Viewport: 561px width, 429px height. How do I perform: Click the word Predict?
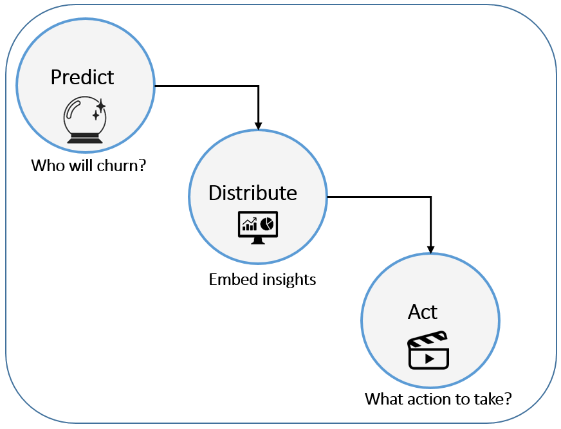tap(82, 77)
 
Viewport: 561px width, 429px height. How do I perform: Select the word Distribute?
tap(253, 193)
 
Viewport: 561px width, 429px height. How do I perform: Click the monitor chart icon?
tap(257, 227)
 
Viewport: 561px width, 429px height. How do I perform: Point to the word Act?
tap(423, 312)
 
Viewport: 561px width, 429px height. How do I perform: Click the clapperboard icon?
tap(428, 350)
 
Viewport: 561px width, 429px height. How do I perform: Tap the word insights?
tap(290, 280)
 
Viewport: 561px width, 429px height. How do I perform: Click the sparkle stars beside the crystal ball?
tap(98, 109)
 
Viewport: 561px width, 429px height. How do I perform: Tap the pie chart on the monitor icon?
tap(267, 223)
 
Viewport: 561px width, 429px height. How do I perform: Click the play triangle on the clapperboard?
tap(429, 358)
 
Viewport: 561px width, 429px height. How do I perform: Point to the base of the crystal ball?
tap(84, 138)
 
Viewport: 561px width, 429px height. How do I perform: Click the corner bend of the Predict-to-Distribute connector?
tap(258, 85)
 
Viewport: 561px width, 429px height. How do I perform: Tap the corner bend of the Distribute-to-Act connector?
tap(431, 197)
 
